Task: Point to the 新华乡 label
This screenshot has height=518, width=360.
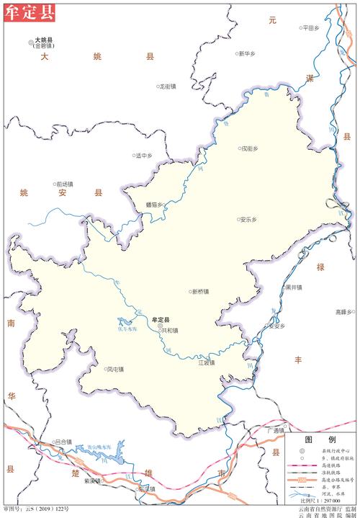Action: click(248, 53)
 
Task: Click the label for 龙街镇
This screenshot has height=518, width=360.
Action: click(170, 86)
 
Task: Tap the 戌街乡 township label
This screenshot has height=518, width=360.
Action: click(249, 149)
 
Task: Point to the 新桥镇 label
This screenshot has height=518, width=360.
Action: click(200, 292)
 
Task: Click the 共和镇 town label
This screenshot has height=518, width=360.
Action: click(170, 331)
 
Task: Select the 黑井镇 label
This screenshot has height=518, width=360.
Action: click(293, 287)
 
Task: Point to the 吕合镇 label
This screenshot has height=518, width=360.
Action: click(64, 441)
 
